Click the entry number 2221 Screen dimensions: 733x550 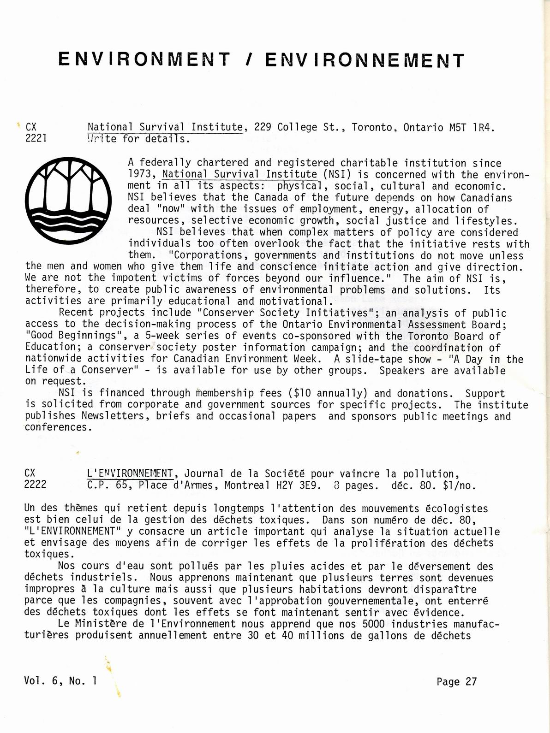pyautogui.click(x=36, y=138)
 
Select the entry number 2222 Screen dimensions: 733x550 pyautogui.click(x=36, y=485)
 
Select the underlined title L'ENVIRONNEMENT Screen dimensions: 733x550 pyautogui.click(x=130, y=473)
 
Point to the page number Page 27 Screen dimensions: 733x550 pyautogui.click(x=456, y=681)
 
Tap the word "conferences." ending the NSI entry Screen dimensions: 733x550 pyautogui.click(x=57, y=427)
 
